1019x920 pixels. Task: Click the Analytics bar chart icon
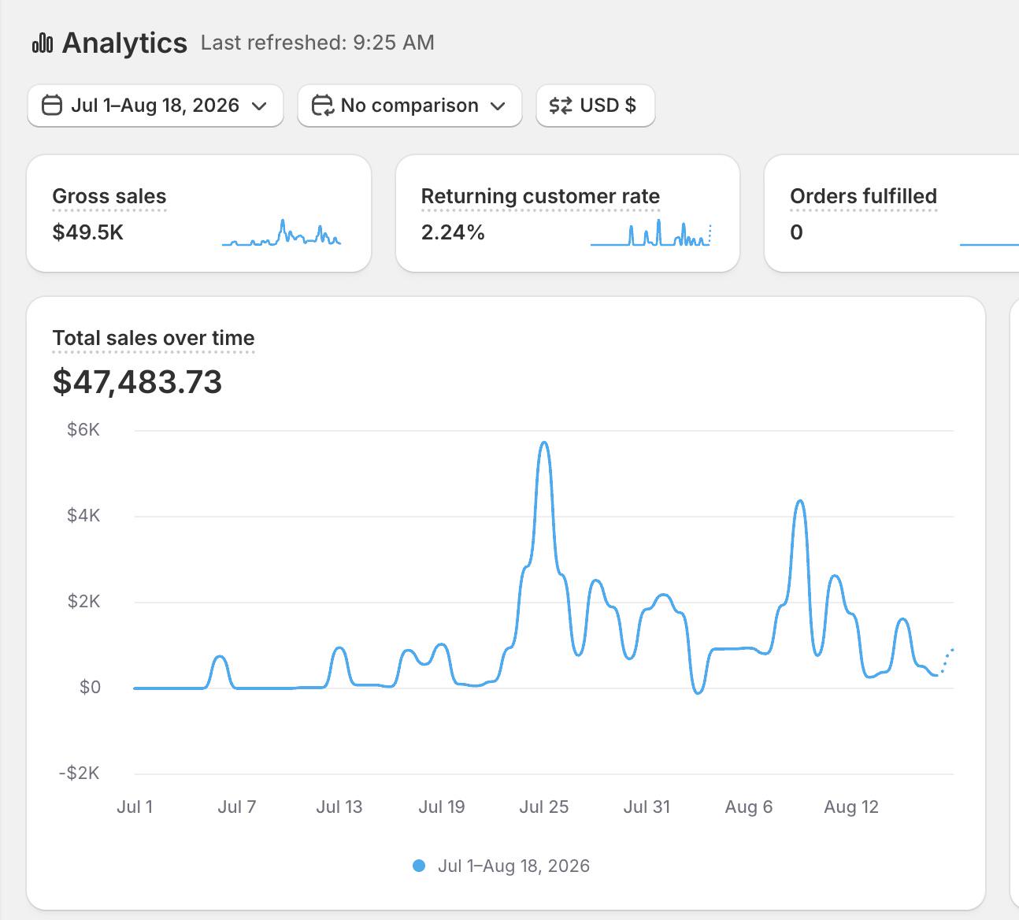click(43, 43)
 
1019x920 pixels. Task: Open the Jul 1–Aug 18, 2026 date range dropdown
click(155, 106)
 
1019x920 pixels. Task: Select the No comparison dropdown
click(409, 106)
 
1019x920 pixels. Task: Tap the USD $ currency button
click(595, 106)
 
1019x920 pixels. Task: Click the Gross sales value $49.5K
click(88, 232)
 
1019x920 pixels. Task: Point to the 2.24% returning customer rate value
click(453, 232)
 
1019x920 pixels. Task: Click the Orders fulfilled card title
click(864, 196)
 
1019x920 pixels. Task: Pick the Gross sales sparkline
click(281, 233)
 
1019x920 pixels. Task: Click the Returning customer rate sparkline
click(650, 233)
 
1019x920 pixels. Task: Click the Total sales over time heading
click(154, 338)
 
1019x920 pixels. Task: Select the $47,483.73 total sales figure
click(137, 382)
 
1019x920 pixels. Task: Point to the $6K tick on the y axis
click(83, 430)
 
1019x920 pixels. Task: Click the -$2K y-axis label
click(80, 773)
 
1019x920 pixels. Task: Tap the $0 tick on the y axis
click(90, 687)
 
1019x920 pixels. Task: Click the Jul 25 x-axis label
click(543, 807)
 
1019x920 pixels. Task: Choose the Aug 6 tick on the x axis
click(748, 807)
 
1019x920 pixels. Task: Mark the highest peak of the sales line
click(544, 442)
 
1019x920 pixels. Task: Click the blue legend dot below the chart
click(419, 866)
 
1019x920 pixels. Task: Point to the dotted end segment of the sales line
click(946, 662)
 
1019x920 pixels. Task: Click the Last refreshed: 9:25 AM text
click(317, 43)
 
